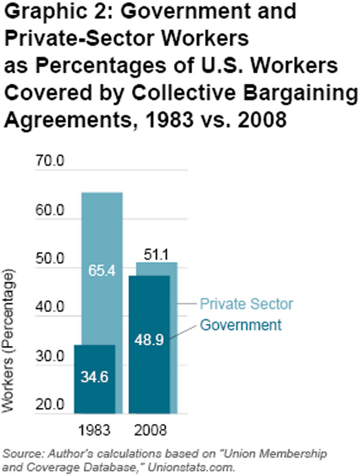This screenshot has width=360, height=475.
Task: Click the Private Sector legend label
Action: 246,305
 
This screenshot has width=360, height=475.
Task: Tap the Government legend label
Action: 240,325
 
